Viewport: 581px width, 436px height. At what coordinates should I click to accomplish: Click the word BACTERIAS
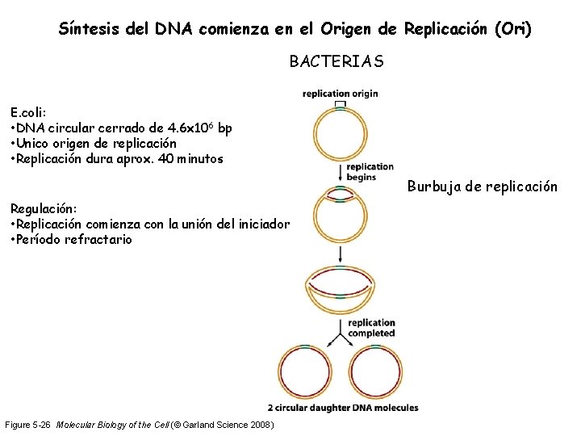point(336,61)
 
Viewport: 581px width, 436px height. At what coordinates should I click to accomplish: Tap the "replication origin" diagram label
point(340,93)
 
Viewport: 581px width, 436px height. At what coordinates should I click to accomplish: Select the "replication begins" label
point(370,172)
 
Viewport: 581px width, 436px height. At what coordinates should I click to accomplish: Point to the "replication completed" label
point(372,327)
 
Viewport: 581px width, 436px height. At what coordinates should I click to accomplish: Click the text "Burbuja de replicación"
point(482,187)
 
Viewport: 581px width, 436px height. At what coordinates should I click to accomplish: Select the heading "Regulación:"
point(44,209)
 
